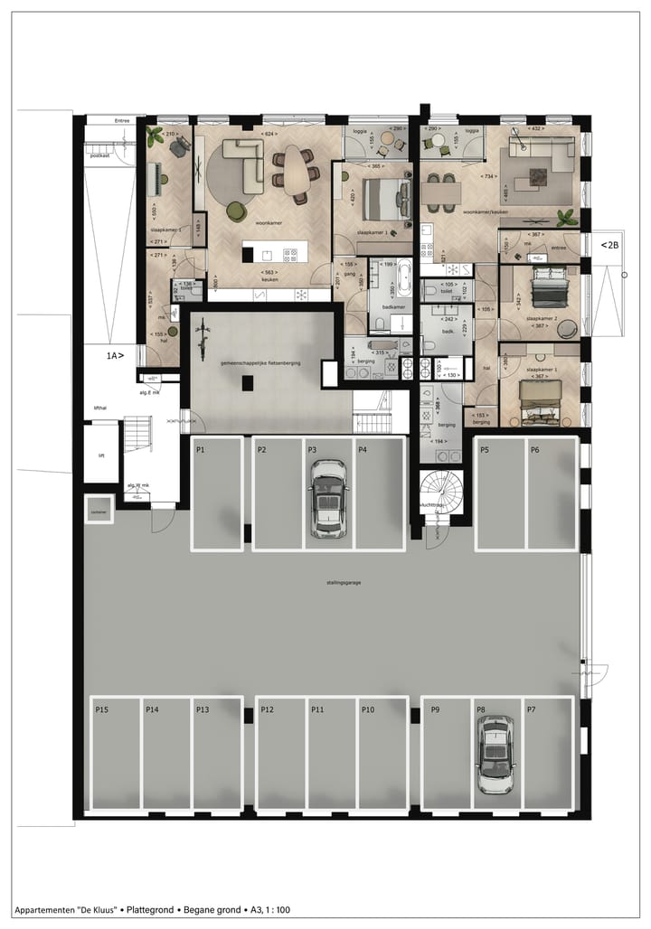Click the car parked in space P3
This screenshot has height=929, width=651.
pyautogui.click(x=328, y=499)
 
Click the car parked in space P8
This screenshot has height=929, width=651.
pyautogui.click(x=495, y=755)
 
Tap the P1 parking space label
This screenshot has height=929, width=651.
pyautogui.click(x=201, y=449)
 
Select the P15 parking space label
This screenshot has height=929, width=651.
pyautogui.click(x=102, y=710)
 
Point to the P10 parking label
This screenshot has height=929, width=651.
pyautogui.click(x=368, y=710)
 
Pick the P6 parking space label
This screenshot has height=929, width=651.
pyautogui.click(x=535, y=449)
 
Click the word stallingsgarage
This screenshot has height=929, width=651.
pyautogui.click(x=344, y=583)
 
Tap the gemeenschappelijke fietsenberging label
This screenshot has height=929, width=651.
pyautogui.click(x=261, y=362)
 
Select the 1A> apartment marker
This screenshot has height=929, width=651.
pyautogui.click(x=115, y=356)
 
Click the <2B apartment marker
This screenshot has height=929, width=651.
pyautogui.click(x=610, y=244)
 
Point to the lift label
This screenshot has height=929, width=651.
pyautogui.click(x=101, y=455)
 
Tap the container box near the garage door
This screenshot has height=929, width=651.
pyautogui.click(x=98, y=512)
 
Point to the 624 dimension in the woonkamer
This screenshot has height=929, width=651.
pyautogui.click(x=268, y=134)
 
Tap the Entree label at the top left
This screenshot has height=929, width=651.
pyautogui.click(x=122, y=119)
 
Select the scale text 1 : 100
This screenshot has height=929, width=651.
pyautogui.click(x=273, y=911)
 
